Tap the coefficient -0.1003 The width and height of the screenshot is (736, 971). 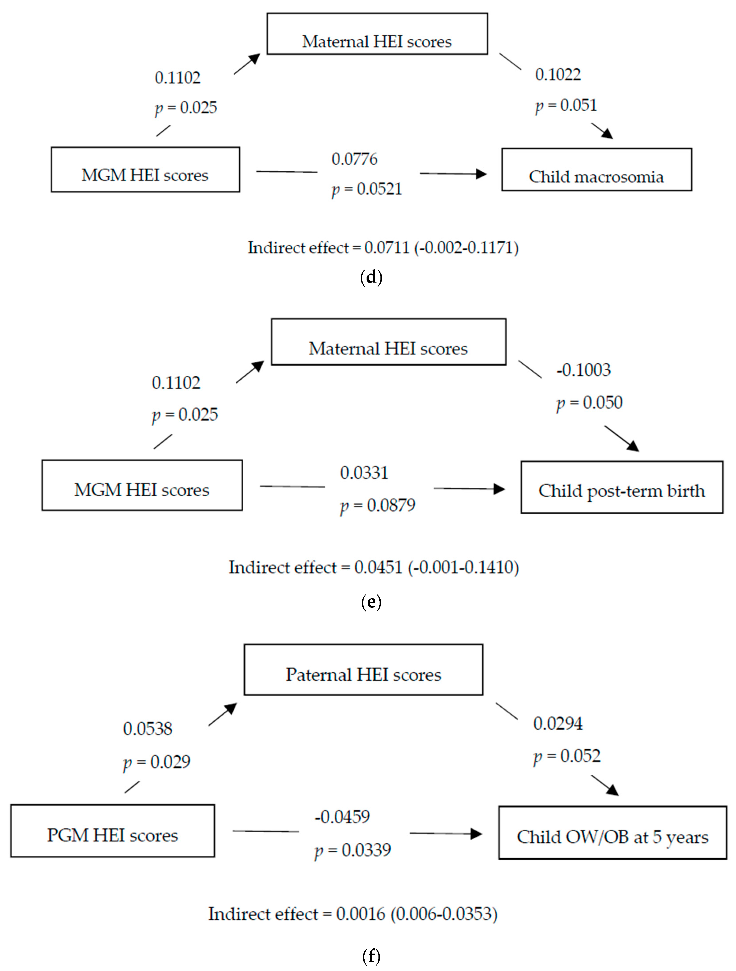click(x=583, y=370)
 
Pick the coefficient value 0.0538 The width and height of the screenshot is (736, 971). click(x=147, y=729)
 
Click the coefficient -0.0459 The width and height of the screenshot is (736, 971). click(x=342, y=817)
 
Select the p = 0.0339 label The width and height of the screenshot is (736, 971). click(x=353, y=850)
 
